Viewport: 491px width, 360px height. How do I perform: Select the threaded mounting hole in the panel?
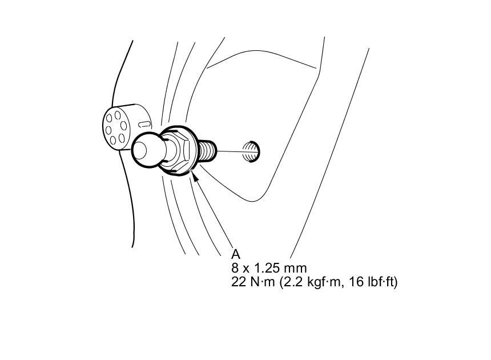pos(251,151)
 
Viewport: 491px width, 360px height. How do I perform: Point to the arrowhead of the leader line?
pos(197,178)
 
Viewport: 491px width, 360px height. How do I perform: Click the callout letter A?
pos(236,254)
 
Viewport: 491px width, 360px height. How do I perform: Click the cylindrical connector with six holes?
pos(123,127)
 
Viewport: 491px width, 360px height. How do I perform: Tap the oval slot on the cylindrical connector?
pos(145,124)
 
